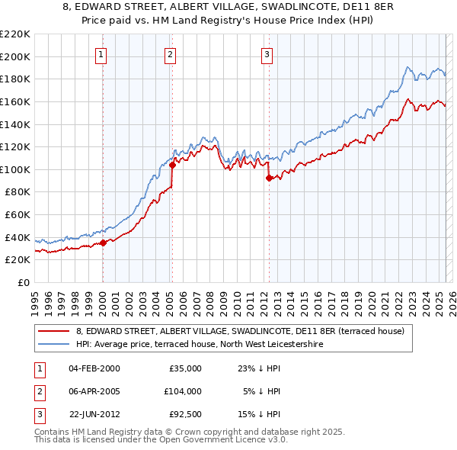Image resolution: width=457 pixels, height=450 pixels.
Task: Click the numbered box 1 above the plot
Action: (101, 54)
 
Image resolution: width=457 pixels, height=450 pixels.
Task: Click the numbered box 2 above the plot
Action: (170, 54)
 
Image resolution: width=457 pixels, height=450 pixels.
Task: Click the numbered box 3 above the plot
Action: (267, 54)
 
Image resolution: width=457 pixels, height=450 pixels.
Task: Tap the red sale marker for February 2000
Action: (103, 243)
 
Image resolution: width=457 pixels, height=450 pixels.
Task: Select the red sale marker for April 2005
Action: (173, 165)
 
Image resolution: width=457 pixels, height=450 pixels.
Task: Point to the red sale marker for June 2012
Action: (269, 178)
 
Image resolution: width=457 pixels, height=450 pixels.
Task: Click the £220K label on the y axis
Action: (15, 34)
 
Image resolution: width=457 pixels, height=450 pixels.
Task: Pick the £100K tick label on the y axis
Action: (15, 169)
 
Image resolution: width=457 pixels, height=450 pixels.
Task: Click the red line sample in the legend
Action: (53, 331)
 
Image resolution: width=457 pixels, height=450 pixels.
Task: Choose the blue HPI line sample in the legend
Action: (53, 344)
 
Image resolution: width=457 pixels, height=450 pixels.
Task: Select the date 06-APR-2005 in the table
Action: (94, 391)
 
